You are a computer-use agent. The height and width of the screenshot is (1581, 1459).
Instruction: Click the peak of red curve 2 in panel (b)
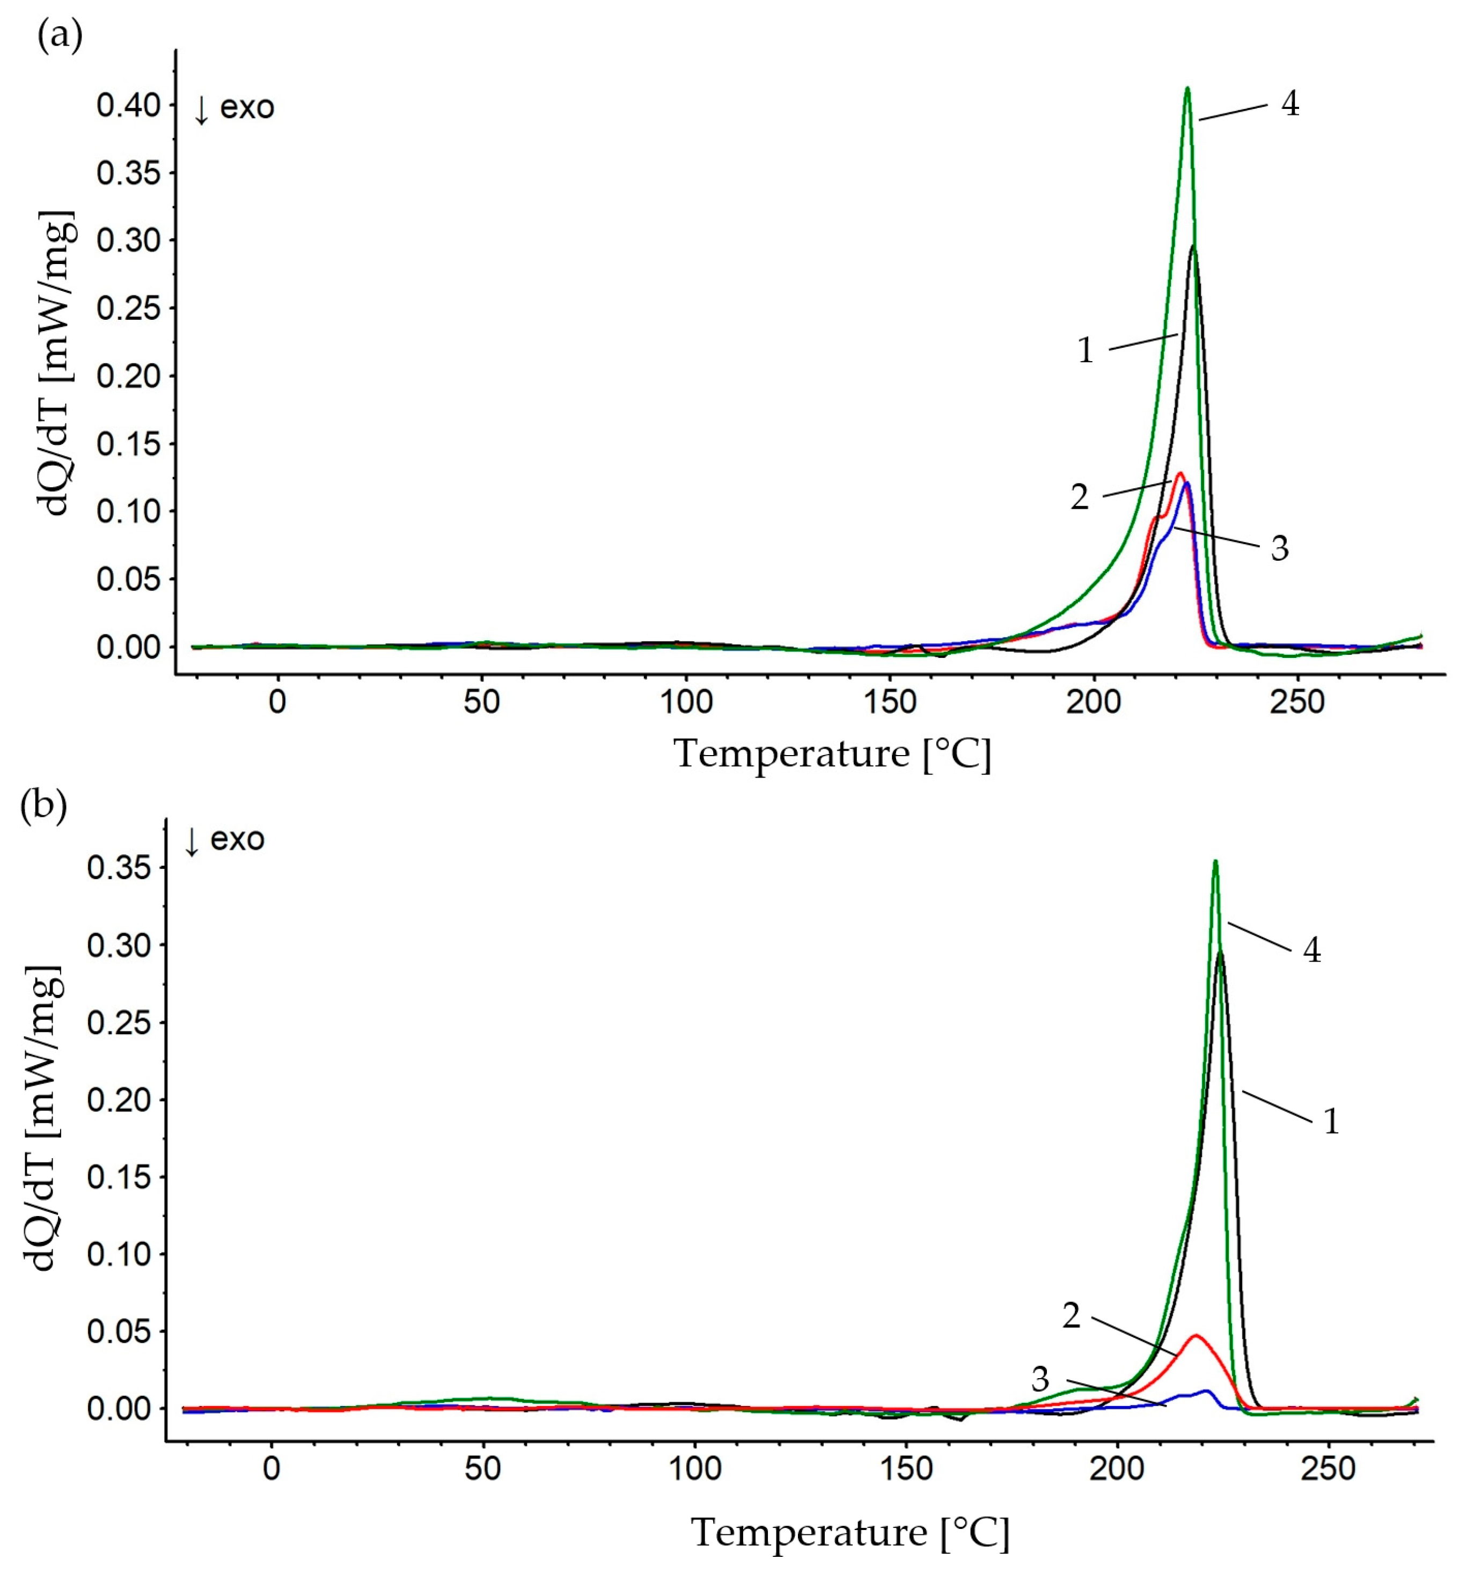[1196, 1335]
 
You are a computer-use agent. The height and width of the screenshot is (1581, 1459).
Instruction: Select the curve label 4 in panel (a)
[1290, 104]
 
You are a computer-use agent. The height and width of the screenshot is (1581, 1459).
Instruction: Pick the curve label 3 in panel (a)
[1280, 548]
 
